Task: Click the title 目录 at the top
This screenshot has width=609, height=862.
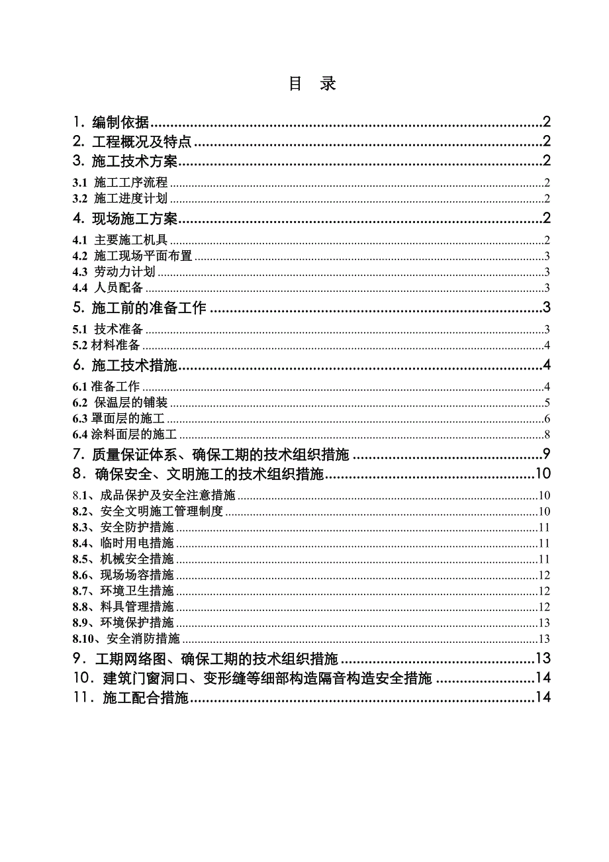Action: (312, 84)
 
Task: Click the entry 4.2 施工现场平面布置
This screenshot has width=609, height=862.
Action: (132, 256)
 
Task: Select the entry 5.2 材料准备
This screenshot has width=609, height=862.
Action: (106, 345)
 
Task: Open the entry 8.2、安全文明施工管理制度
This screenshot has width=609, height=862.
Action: (148, 511)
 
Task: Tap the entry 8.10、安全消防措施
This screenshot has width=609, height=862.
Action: (126, 639)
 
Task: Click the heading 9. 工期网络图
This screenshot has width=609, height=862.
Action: (205, 659)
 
